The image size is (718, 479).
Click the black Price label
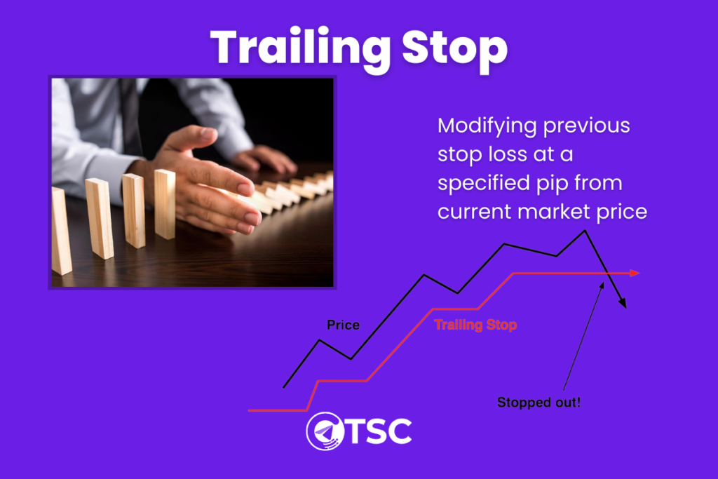[x=343, y=325]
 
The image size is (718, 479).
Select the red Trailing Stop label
[x=475, y=325]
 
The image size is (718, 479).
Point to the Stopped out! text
[x=538, y=403]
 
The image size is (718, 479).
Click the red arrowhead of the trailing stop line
[x=635, y=273]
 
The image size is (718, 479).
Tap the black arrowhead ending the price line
[x=623, y=303]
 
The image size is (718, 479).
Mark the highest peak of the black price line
[x=585, y=231]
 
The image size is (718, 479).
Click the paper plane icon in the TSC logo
[x=325, y=431]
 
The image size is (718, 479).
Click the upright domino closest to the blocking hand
[x=164, y=204]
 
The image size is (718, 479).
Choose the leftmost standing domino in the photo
[x=61, y=231]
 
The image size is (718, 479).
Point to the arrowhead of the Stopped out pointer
[x=602, y=285]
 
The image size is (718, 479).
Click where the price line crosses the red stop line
[x=607, y=273]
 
